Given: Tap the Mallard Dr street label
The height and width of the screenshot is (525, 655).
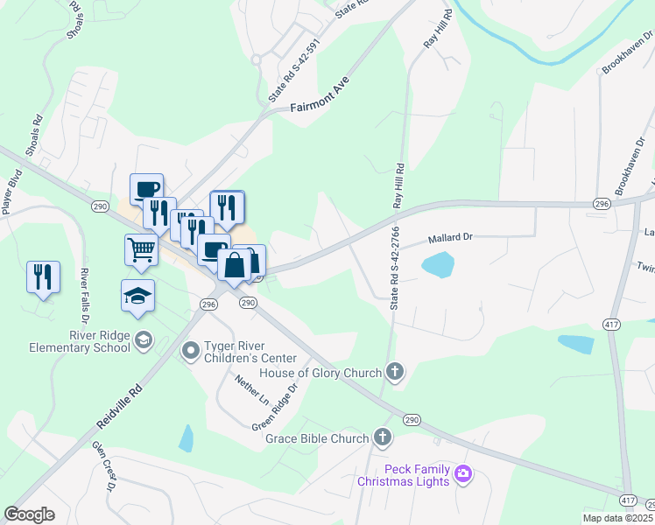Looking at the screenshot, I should click(450, 237).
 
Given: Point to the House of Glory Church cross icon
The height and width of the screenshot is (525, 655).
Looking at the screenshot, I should click(395, 373).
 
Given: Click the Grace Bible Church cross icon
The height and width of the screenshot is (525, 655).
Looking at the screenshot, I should click(382, 437).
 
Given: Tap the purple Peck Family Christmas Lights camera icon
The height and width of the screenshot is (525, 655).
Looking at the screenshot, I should click(463, 475).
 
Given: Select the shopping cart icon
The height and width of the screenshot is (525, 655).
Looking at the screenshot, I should click(140, 249).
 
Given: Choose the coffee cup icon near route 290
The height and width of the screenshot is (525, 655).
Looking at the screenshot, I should click(146, 187).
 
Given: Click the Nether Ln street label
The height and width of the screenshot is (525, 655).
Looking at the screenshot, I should click(252, 389).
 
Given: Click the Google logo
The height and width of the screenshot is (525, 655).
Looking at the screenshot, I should click(30, 514).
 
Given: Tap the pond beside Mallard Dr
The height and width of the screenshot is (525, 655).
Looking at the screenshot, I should click(438, 262).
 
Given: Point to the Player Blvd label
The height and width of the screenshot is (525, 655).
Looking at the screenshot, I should click(11, 192).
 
